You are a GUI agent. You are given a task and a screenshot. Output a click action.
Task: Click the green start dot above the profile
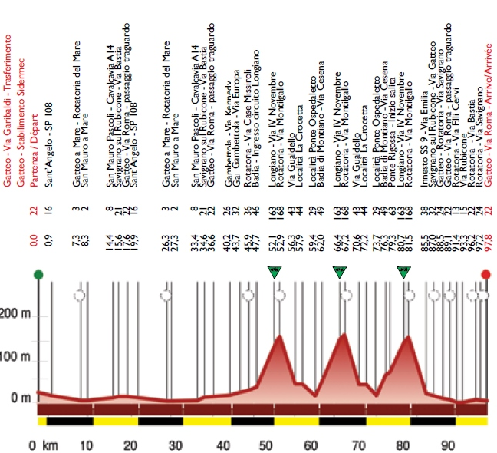(x=38, y=274)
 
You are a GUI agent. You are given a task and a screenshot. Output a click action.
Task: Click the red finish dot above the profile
(x=485, y=274)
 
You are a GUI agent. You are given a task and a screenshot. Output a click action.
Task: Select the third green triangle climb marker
(x=404, y=271)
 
